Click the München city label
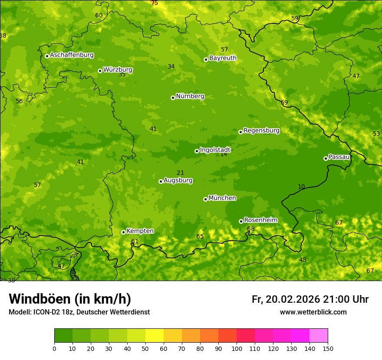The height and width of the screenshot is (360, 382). [222, 198]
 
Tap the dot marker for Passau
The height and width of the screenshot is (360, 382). [326, 158]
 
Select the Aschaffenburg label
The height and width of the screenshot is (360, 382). [72, 55]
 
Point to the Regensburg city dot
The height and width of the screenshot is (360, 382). [240, 132]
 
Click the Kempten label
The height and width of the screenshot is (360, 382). [140, 231]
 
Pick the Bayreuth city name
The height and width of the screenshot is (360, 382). [223, 58]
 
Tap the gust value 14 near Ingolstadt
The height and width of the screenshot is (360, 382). [224, 154]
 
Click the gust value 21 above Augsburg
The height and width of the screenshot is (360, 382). [181, 173]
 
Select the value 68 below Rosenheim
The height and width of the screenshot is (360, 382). [251, 229]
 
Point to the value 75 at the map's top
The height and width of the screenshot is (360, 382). [155, 3]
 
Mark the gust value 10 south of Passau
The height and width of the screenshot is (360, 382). [301, 187]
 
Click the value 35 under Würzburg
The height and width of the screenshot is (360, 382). [122, 75]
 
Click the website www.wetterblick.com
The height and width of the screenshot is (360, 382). [313, 312]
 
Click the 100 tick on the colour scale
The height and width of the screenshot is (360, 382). [237, 348]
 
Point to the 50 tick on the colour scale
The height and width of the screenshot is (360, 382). [145, 348]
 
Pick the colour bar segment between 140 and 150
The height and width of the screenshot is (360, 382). [319, 335]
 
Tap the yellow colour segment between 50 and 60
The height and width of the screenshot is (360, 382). [155, 335]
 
